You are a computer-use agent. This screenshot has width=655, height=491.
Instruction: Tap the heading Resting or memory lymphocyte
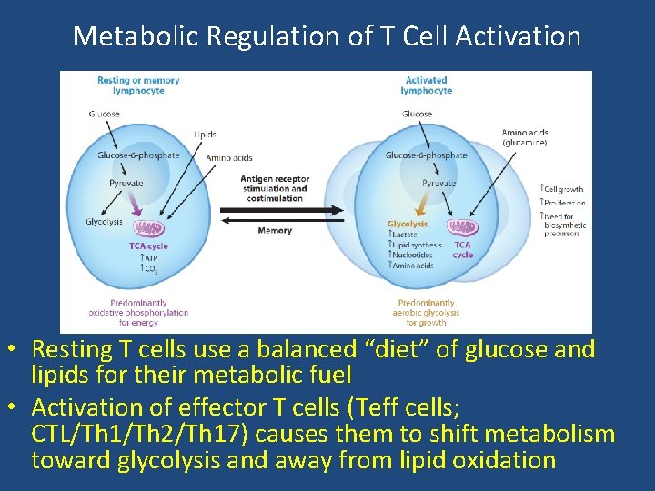click(x=138, y=85)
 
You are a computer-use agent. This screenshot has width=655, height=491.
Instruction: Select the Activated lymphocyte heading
click(x=426, y=85)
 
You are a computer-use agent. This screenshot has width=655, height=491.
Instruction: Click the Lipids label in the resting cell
click(x=205, y=135)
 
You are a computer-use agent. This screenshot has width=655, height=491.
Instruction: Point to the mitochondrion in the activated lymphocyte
click(x=462, y=227)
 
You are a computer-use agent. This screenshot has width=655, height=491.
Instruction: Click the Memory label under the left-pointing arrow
click(x=275, y=231)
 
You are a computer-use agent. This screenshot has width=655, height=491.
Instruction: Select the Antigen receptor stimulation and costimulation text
click(x=275, y=188)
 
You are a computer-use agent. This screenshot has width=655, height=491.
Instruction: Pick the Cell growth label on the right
click(x=563, y=188)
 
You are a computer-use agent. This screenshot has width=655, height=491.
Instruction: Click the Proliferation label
click(x=563, y=203)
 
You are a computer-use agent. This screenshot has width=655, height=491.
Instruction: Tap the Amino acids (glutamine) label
click(x=525, y=137)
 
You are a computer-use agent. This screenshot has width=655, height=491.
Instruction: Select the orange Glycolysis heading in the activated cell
click(x=408, y=224)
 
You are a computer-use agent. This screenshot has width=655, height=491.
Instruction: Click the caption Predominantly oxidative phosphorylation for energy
click(x=138, y=312)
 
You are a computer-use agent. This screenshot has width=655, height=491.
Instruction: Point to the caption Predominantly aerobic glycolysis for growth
click(x=426, y=312)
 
